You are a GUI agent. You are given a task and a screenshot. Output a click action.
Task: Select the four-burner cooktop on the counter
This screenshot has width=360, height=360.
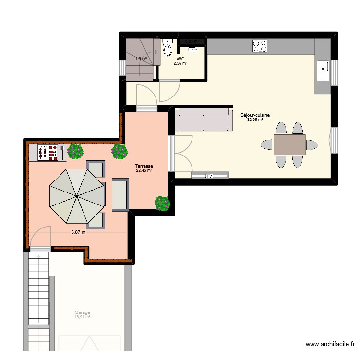click(260, 46)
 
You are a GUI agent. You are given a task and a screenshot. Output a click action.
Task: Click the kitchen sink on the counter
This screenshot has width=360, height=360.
click(322, 72)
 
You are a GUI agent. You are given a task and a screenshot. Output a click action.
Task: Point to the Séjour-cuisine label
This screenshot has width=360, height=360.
click(255, 115)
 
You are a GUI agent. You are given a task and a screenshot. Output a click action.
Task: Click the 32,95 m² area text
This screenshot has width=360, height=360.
click(255, 120)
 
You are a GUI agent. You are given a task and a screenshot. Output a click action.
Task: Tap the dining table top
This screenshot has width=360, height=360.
click(289, 144)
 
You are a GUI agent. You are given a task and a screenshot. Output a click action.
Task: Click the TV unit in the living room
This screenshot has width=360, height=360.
click(210, 176)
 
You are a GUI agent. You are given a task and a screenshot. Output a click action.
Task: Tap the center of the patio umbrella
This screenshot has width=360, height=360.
click(76, 196)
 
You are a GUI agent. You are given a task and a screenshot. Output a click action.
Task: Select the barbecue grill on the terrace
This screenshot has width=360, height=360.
click(48, 153)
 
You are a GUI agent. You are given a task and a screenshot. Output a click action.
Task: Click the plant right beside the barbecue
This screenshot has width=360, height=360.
click(75, 152)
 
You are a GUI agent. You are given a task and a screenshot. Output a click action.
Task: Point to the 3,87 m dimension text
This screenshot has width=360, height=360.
click(78, 232)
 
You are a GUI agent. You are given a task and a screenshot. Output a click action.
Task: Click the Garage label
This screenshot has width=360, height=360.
click(82, 312)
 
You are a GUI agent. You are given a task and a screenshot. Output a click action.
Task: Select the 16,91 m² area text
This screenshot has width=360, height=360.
click(82, 317)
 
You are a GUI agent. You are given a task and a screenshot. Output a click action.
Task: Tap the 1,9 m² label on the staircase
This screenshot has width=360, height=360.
click(141, 59)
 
